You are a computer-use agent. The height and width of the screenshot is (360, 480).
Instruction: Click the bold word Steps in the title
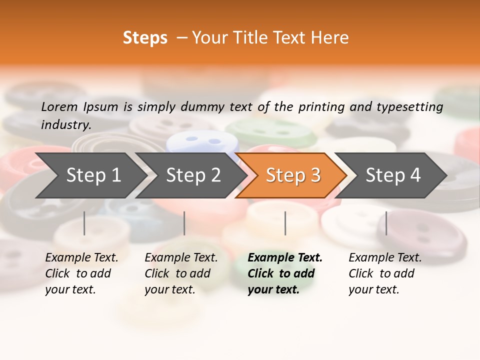click(145, 38)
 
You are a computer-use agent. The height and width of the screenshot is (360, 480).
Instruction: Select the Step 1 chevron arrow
click(90, 175)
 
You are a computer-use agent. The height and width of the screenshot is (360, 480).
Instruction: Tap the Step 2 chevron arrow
click(190, 175)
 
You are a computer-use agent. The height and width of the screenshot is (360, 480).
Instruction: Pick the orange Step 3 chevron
click(290, 175)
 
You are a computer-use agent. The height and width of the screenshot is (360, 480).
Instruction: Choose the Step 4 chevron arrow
click(390, 175)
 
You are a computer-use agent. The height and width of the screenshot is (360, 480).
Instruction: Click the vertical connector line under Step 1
click(84, 223)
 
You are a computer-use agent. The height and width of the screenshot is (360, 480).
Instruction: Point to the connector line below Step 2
click(184, 223)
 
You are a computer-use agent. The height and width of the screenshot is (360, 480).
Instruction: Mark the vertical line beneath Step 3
click(285, 223)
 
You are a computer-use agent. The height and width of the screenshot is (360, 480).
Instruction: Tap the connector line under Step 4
click(386, 223)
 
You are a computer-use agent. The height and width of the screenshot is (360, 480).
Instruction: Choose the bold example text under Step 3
click(284, 273)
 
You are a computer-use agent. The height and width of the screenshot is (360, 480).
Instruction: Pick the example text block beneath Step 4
click(385, 273)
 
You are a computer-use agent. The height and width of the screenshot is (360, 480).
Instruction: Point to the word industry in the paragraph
click(66, 125)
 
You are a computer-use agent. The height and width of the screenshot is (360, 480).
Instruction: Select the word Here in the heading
click(332, 38)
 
